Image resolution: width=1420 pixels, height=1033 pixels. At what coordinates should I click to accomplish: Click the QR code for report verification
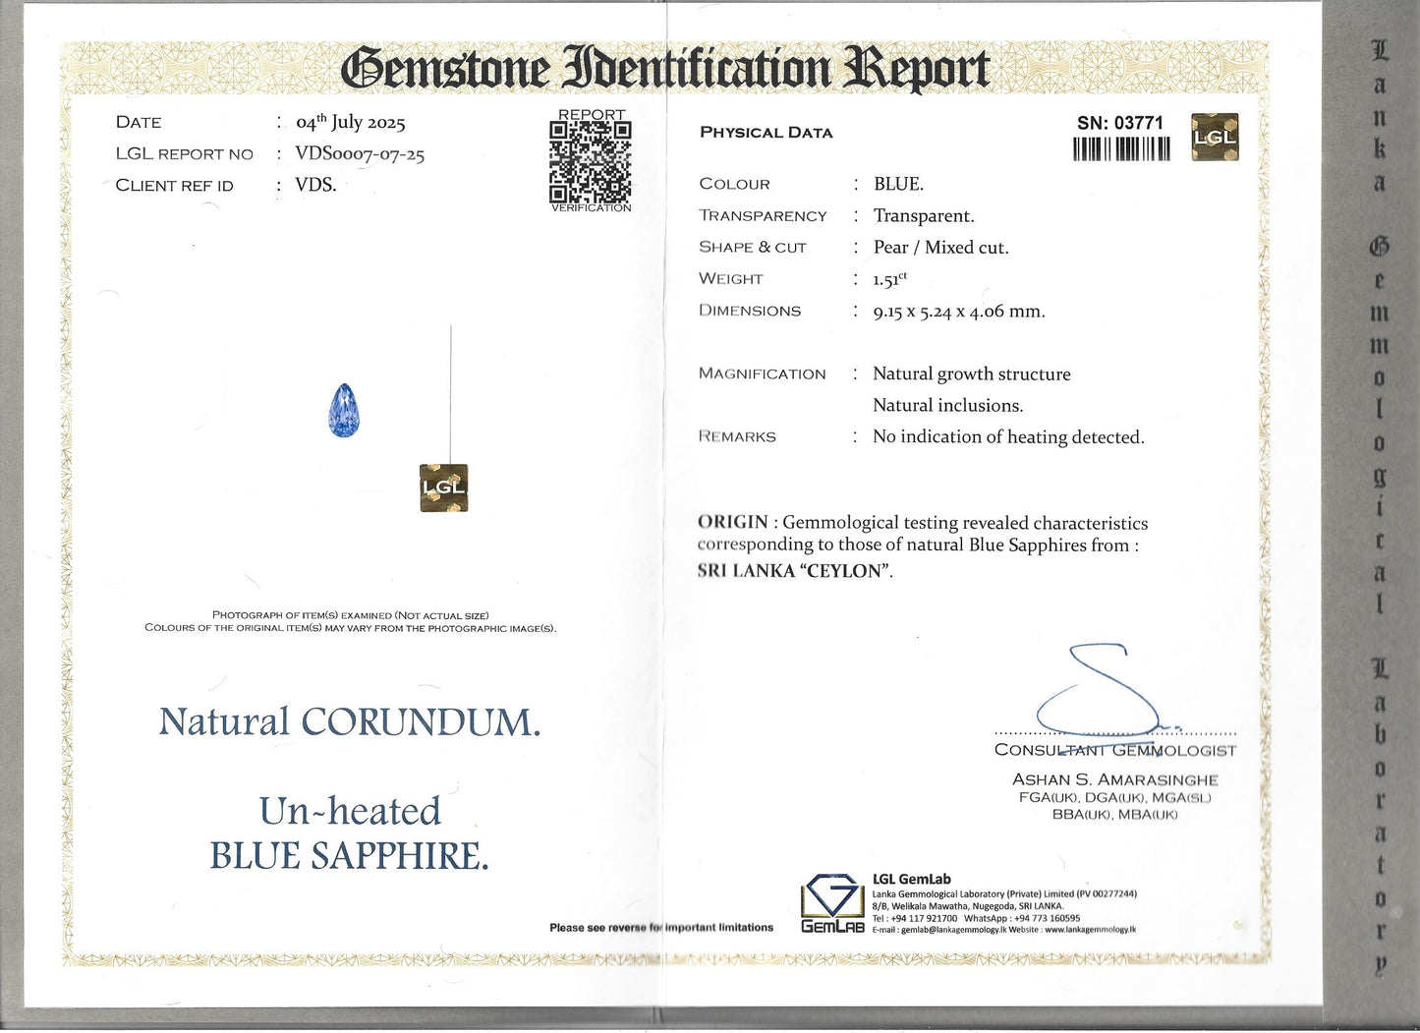[590, 161]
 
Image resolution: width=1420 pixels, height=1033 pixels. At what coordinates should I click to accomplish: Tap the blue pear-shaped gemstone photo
[344, 411]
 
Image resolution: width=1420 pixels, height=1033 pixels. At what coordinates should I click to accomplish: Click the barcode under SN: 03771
[1121, 148]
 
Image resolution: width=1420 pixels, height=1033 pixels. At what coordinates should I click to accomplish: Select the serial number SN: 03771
[1119, 123]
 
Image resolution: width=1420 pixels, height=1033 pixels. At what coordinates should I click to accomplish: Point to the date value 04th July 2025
[351, 123]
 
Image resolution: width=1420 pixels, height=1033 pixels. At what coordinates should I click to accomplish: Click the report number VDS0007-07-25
[360, 153]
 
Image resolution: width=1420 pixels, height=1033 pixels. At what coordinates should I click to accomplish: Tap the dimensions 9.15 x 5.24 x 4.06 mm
[958, 312]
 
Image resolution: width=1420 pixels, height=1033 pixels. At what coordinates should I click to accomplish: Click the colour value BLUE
[898, 184]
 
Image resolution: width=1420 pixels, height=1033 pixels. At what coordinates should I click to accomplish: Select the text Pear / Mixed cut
[940, 248]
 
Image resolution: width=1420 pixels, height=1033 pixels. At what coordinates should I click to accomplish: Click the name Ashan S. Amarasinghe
[1114, 779]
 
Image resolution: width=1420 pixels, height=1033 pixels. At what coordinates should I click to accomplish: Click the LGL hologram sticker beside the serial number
[1214, 137]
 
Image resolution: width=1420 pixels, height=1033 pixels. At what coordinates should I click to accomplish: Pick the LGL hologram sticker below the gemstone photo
[443, 488]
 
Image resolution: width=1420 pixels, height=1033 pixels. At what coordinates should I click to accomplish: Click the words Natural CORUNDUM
[350, 722]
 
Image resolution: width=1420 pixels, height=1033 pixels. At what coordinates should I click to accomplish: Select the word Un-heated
[350, 812]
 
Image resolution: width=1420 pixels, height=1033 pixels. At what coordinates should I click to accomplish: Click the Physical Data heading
[766, 133]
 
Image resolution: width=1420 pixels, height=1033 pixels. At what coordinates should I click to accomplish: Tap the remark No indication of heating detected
[1008, 437]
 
